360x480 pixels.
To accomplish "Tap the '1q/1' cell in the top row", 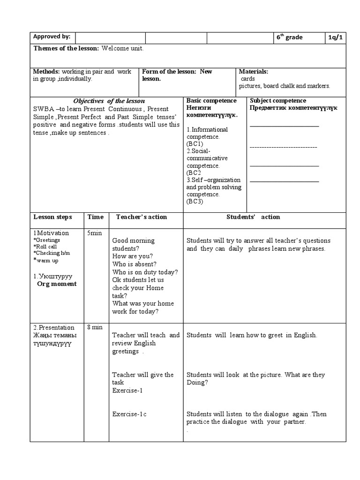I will [336, 37].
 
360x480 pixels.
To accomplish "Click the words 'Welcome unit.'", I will [122, 49].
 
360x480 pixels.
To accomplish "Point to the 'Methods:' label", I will [46, 72].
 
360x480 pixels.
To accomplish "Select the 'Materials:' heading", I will [253, 72].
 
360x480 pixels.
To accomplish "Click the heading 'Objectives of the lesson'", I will [109, 101].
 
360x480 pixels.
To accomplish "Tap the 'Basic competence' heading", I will [211, 101].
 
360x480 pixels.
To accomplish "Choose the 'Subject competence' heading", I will [278, 101].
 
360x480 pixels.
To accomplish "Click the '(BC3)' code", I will [195, 202].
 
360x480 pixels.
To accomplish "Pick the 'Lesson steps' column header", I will [52, 217].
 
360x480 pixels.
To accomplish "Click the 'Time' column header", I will [95, 217].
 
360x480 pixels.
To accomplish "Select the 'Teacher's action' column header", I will [141, 217].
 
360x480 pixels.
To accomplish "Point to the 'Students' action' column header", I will [253, 217].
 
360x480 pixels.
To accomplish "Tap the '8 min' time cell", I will [95, 327].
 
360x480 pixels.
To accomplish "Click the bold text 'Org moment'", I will [57, 284].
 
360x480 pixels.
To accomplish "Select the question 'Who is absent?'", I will [134, 264].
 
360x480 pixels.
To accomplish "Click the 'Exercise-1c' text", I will [129, 414].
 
